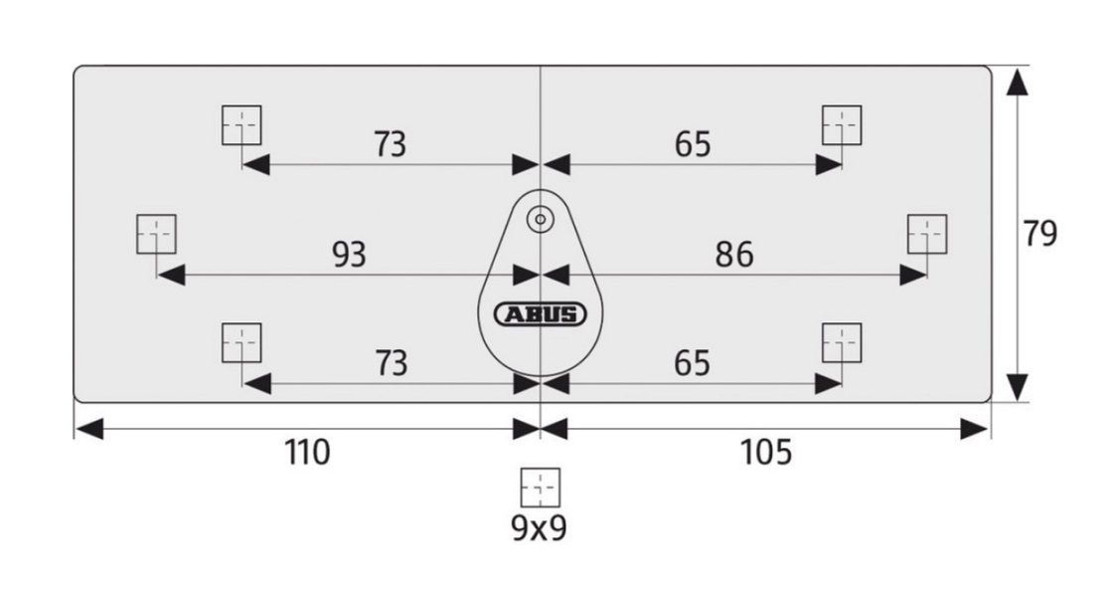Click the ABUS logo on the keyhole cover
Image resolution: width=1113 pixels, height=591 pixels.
(x=541, y=314)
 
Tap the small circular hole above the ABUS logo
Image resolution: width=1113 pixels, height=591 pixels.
(x=541, y=218)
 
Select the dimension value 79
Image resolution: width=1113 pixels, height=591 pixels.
(x=1040, y=233)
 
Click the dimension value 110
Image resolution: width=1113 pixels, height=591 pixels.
(x=307, y=453)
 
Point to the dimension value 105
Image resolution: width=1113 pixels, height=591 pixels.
(x=766, y=453)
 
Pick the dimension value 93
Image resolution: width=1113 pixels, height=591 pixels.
(x=348, y=255)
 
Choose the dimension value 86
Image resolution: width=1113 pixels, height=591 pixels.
(x=733, y=255)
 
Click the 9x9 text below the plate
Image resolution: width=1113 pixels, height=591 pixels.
(x=540, y=527)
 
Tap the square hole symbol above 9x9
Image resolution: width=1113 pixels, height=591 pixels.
(x=541, y=488)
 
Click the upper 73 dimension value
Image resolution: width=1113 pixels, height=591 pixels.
(x=390, y=145)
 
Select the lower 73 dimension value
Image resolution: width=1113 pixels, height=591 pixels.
(x=390, y=363)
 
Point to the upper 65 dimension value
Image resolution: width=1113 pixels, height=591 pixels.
(x=693, y=145)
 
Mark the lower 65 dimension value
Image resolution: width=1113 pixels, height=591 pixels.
(x=693, y=363)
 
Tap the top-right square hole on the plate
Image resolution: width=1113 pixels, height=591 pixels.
(x=842, y=124)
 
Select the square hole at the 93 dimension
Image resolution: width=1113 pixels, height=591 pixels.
(x=156, y=234)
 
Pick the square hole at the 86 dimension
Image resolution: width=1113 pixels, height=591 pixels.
(x=927, y=234)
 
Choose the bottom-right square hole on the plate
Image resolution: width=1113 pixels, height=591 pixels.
(x=842, y=342)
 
